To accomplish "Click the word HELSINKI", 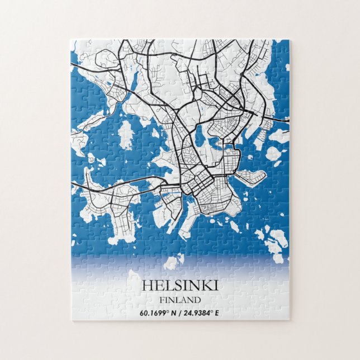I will pos(179,285).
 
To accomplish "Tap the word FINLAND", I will pos(179,300).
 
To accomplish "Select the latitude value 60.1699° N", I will pos(159,312).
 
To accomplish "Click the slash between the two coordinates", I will pos(180,312).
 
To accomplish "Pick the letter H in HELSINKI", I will pos(147,285).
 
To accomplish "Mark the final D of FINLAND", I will pos(197,300).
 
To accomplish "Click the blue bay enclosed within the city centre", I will pos(200,134).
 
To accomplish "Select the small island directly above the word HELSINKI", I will pos(174,262).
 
